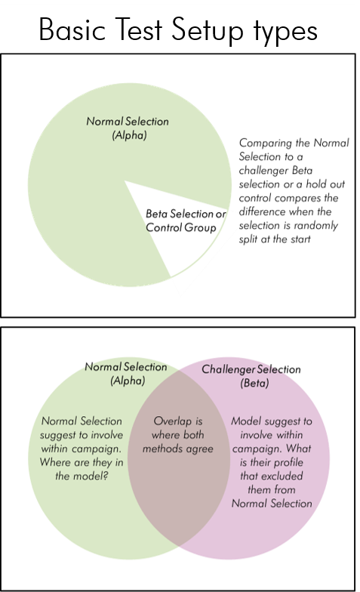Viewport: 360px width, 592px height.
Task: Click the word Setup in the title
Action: click(x=207, y=30)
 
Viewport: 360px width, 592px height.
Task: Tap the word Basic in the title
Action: click(x=72, y=29)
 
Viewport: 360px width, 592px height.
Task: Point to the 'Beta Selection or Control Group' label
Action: click(x=186, y=220)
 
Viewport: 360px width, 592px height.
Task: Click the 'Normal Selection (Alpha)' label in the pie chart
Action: click(x=128, y=128)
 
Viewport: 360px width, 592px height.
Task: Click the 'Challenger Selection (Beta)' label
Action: click(x=251, y=376)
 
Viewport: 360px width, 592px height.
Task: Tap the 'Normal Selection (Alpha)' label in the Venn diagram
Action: click(x=126, y=373)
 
